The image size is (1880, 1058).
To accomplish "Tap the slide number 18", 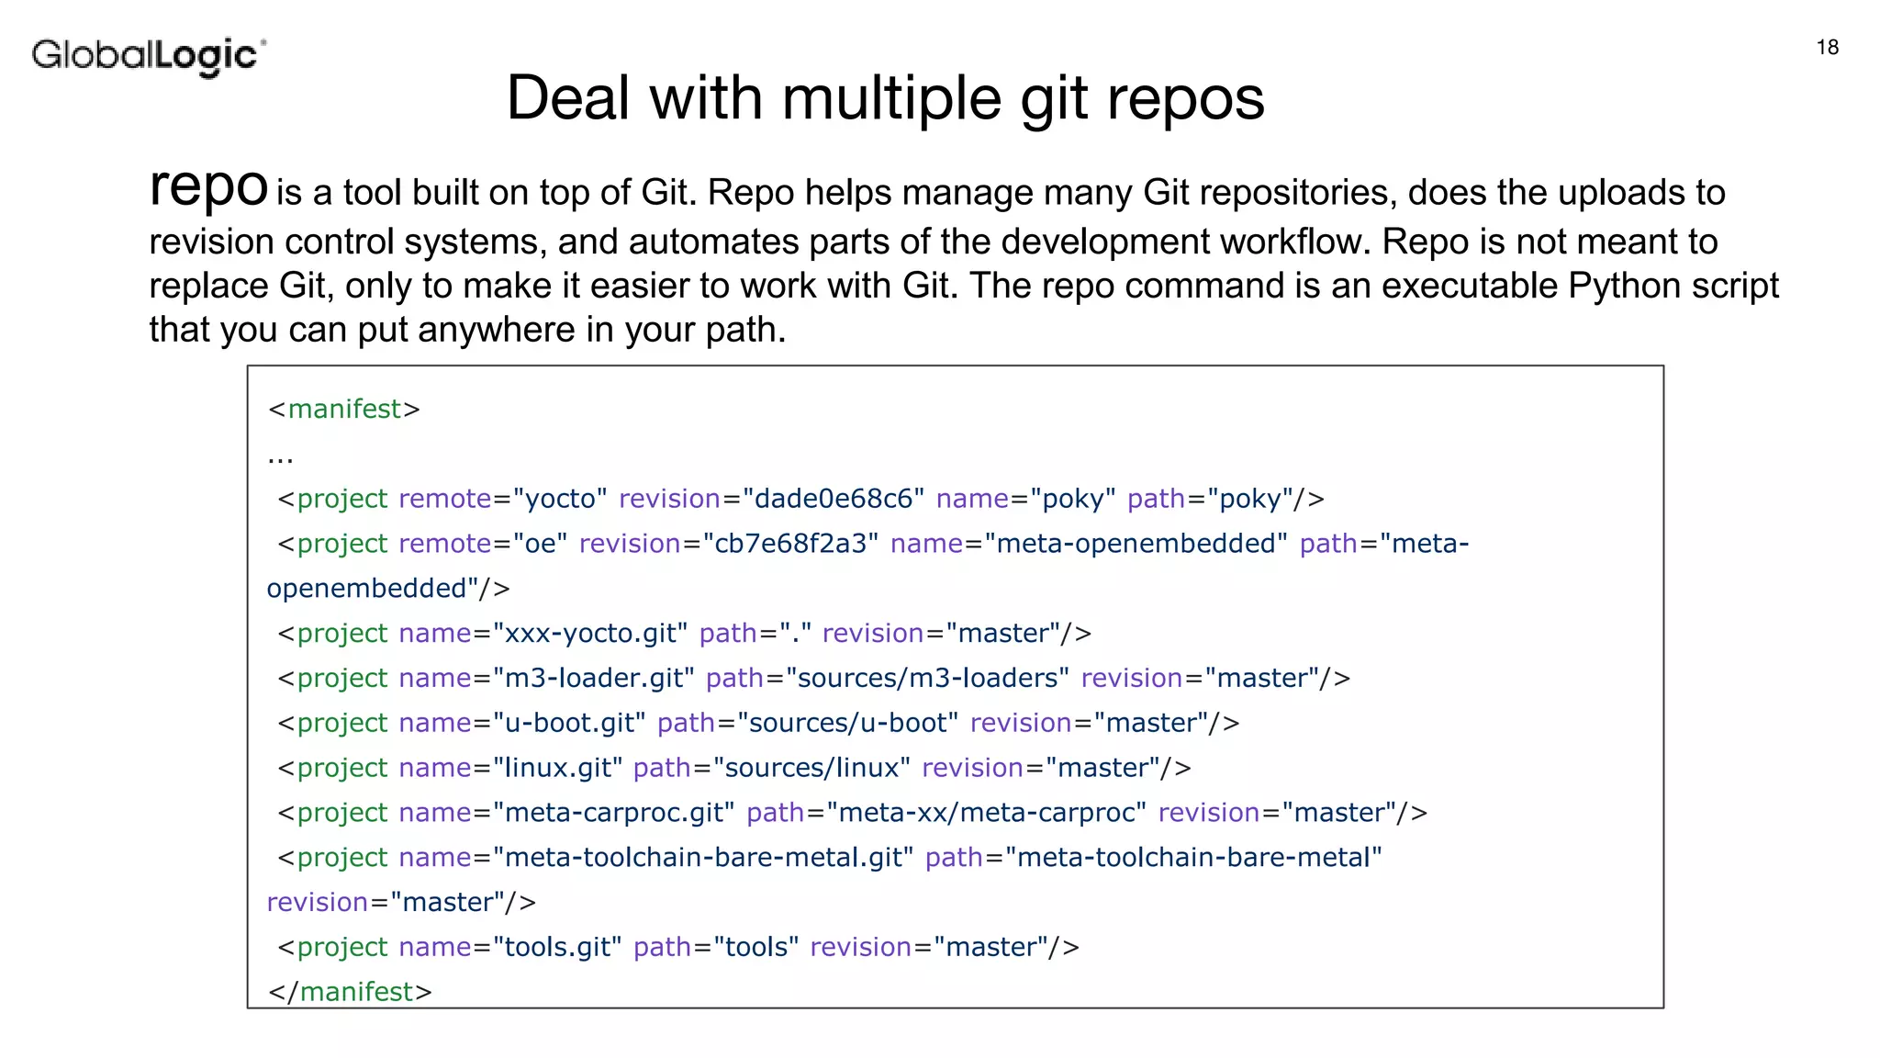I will pos(1827,48).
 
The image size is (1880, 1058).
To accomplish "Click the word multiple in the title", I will pos(890,98).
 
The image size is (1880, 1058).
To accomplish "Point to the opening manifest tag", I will pos(343,409).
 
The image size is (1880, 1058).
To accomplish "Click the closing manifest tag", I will pos(349,992).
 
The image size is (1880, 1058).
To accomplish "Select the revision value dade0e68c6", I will pos(833,499).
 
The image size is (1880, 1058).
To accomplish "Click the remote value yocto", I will pos(559,499).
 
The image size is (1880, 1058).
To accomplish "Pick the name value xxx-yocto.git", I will pos(590,634).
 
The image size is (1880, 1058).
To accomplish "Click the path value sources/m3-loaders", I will pos(927,679).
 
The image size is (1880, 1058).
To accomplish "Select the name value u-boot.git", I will pos(569,724).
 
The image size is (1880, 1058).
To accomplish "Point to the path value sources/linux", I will pos(811,768).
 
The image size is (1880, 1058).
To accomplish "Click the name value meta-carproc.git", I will pos(613,813).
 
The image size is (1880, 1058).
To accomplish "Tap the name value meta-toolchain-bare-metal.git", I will pos(703,858).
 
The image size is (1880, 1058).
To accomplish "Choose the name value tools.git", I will pos(557,947).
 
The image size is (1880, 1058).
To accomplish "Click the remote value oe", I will pos(540,544).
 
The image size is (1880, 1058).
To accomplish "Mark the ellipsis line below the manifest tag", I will pos(280,456).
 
